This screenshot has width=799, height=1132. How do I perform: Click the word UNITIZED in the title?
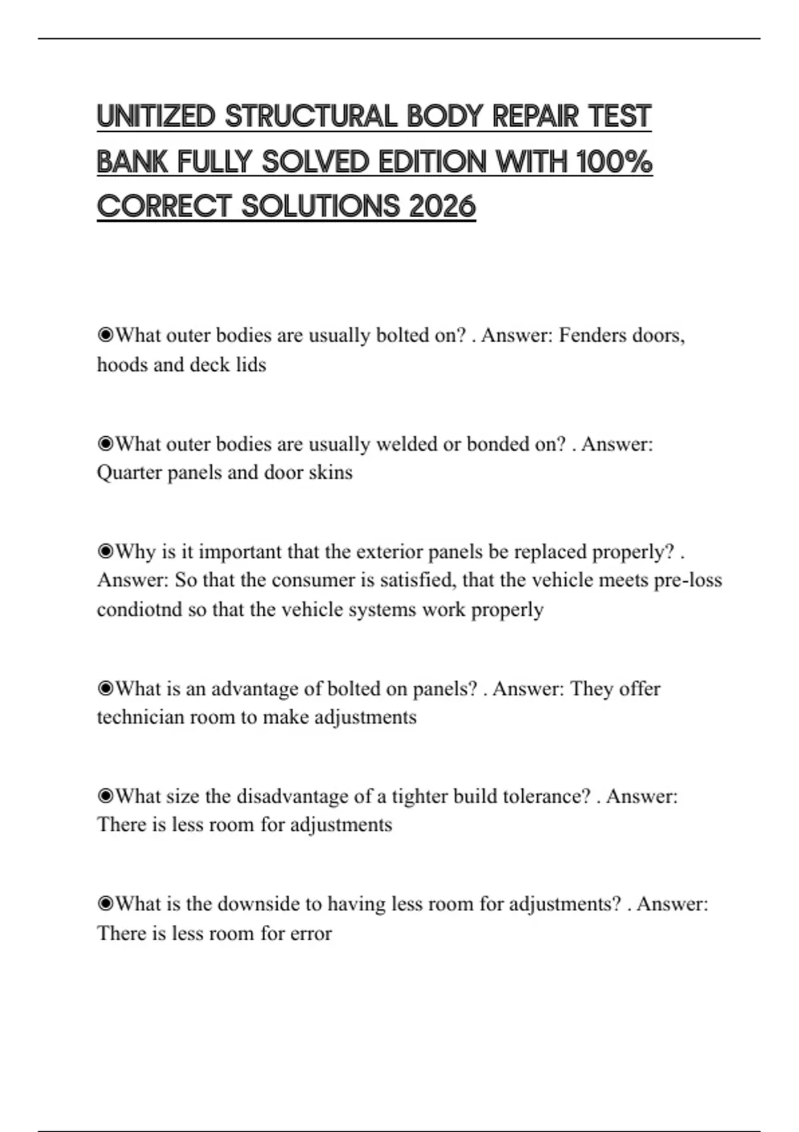(x=156, y=117)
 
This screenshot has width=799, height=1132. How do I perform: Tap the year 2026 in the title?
(x=442, y=206)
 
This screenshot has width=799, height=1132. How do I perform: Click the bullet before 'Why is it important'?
(x=105, y=551)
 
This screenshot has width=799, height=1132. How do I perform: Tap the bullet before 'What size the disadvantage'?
(x=105, y=796)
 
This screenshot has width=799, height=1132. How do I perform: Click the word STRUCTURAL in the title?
(x=311, y=117)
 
